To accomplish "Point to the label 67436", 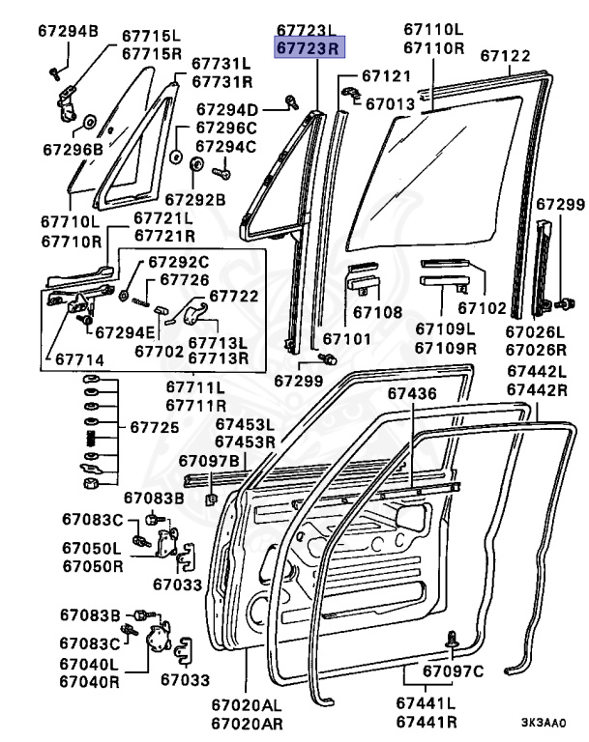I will [x=413, y=393].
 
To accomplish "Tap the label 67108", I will [x=376, y=312].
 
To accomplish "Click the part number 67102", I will [x=482, y=308].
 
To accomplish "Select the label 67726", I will [x=184, y=279].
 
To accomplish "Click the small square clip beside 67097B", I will [x=210, y=499].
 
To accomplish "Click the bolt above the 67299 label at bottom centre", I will [x=330, y=358].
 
